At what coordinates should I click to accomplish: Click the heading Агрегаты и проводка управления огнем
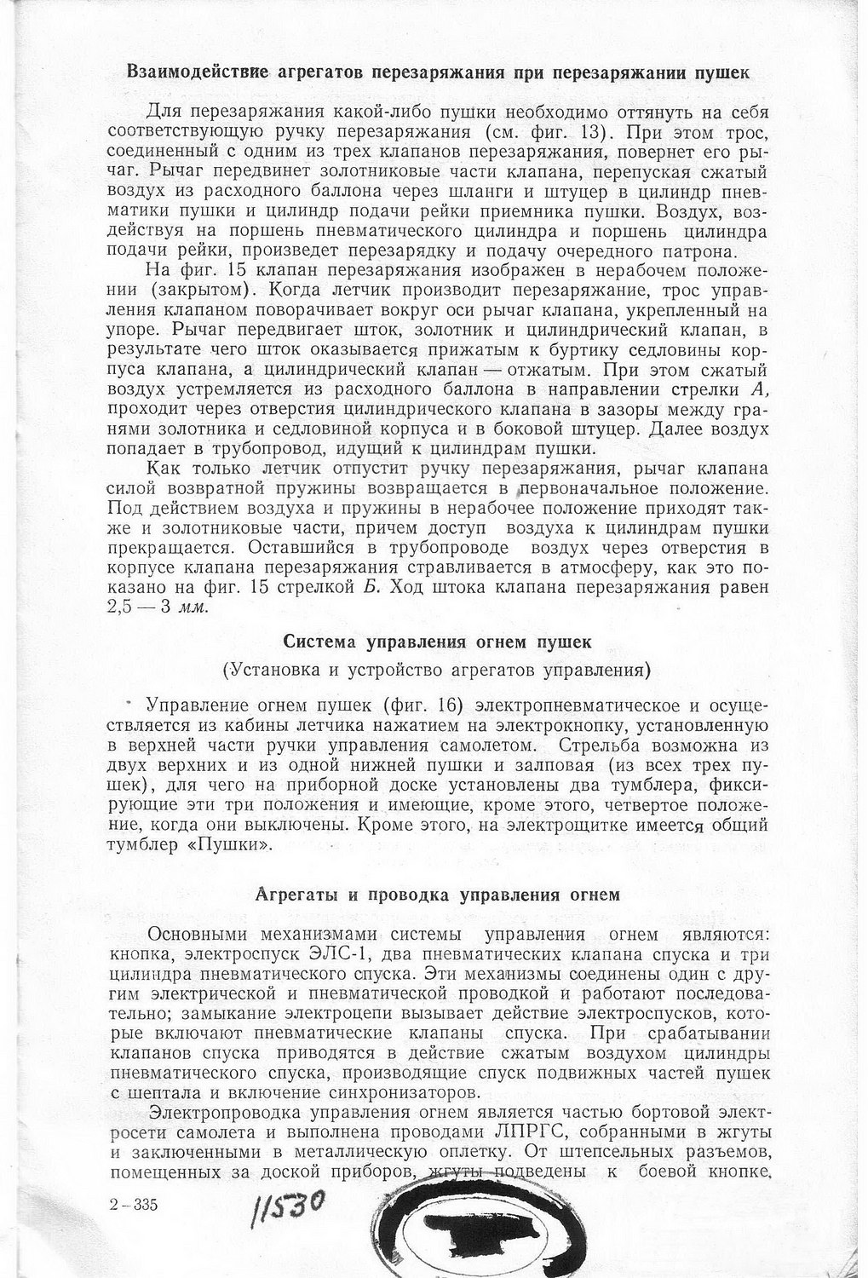tap(437, 895)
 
